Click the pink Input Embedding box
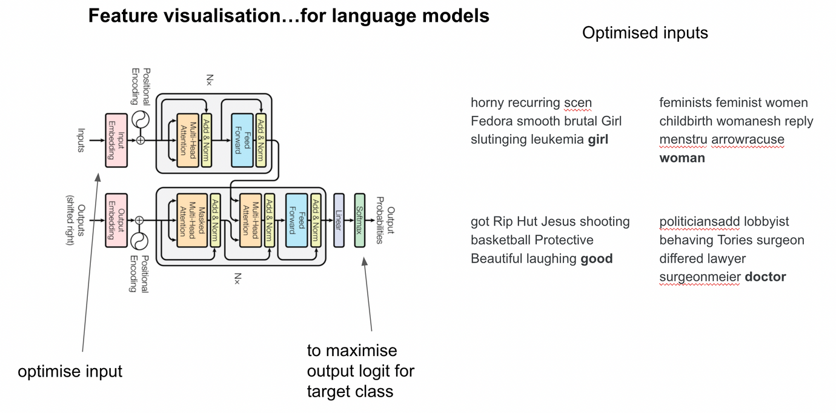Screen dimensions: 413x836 tap(116, 140)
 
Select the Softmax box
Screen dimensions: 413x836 tap(360, 220)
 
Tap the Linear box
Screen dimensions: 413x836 tap(339, 220)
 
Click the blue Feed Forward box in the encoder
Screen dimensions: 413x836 tap(242, 140)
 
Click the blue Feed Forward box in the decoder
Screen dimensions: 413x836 tap(296, 220)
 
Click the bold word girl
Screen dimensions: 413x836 tap(598, 139)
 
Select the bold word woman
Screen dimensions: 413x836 tap(682, 158)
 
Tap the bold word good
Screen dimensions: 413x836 tap(597, 259)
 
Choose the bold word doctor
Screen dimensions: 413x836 tap(765, 277)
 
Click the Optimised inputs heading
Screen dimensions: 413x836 tap(645, 33)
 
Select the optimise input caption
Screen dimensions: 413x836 tap(70, 371)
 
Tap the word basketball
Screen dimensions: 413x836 tap(500, 240)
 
